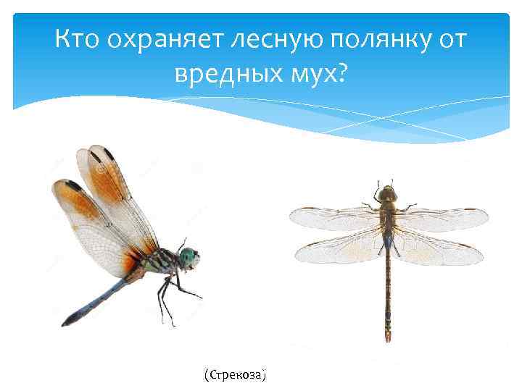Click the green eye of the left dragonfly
[x=189, y=256]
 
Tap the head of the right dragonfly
[x=388, y=193]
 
